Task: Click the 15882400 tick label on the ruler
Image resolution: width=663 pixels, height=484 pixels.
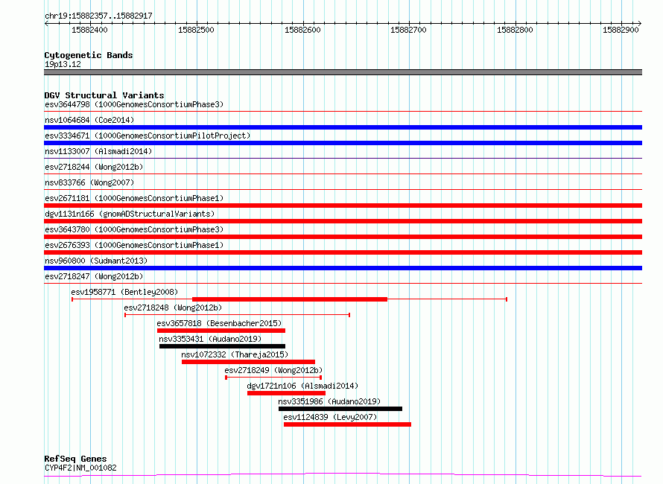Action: (89, 30)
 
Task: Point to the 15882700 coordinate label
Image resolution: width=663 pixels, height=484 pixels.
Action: (408, 30)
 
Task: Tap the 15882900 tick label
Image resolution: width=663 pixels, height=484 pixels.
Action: (621, 30)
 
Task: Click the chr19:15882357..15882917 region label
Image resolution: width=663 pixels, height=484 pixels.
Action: (98, 16)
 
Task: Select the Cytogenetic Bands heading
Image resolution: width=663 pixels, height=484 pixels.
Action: (89, 55)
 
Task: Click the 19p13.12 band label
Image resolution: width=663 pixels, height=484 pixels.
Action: (63, 64)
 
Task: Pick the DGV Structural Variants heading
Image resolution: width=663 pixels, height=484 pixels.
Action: (104, 95)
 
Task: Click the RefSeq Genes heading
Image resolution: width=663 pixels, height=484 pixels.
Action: (75, 459)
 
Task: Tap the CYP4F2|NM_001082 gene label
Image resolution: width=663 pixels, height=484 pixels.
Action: (80, 468)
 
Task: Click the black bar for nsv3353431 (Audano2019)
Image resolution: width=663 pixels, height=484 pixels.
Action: (223, 346)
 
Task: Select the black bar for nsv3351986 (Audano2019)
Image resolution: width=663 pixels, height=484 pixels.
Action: (340, 409)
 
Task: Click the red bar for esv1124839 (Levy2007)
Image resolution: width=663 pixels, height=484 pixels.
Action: (347, 424)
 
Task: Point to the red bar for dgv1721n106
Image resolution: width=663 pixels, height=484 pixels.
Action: (286, 393)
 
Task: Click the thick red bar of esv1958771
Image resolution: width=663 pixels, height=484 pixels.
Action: (290, 299)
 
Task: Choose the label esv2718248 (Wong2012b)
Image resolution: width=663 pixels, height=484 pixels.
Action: (173, 308)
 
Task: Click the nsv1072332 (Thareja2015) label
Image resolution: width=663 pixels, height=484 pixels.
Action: (235, 354)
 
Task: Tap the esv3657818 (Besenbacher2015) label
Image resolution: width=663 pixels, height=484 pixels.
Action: (219, 323)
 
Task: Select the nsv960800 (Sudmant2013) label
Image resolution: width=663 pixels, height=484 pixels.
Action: (96, 261)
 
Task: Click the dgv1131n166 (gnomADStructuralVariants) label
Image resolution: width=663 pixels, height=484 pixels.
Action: (130, 214)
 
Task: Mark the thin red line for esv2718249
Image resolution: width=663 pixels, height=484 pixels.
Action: (273, 378)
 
